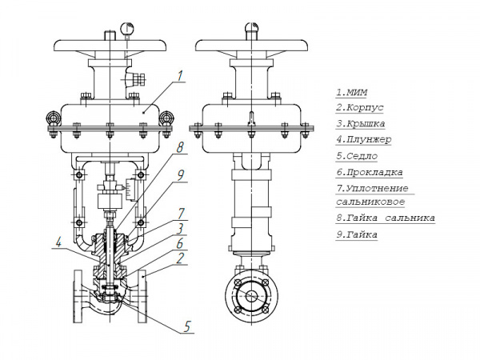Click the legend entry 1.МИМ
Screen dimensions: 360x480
(351, 91)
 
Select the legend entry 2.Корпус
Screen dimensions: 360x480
(361, 108)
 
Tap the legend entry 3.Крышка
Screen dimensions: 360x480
(361, 124)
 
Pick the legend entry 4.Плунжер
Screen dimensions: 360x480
(363, 140)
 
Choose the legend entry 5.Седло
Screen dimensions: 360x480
(357, 156)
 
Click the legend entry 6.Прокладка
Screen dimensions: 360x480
(369, 172)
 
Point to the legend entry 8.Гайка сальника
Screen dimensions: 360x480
(386, 218)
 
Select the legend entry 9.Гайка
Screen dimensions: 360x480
(357, 234)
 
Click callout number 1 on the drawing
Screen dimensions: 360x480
(182, 77)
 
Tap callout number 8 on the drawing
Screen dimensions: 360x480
(181, 148)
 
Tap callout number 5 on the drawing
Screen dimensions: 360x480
(187, 326)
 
